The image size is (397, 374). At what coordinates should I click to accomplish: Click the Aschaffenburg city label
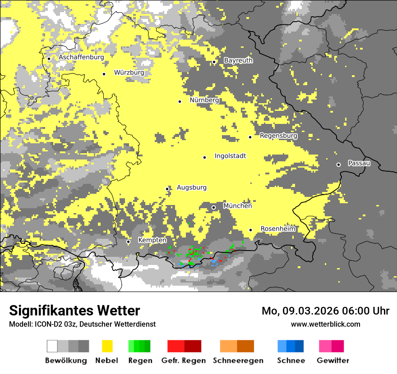click(81, 57)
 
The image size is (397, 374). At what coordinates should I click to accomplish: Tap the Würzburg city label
click(129, 73)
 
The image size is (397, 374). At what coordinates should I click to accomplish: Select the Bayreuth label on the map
click(238, 60)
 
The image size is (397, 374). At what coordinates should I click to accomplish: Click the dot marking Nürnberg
click(180, 101)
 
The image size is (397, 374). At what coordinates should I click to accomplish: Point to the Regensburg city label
click(278, 136)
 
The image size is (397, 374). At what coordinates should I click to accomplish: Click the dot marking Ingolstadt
click(204, 157)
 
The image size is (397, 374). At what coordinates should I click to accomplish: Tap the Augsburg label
click(192, 187)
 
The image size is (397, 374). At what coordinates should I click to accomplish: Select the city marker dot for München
click(214, 207)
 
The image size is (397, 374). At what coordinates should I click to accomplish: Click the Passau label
click(359, 163)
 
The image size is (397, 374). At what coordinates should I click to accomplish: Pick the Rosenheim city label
click(278, 229)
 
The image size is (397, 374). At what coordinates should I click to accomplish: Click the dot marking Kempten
click(128, 242)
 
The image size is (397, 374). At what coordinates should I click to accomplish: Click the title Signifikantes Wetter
click(74, 310)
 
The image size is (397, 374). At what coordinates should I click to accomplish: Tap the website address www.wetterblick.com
click(325, 324)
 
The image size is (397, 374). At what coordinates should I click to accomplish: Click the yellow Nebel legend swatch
click(107, 346)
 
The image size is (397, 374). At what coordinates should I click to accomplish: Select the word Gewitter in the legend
click(333, 360)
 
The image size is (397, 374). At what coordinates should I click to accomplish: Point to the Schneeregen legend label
click(238, 360)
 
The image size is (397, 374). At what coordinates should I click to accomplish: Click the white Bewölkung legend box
click(52, 346)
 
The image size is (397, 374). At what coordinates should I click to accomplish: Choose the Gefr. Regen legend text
click(183, 360)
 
